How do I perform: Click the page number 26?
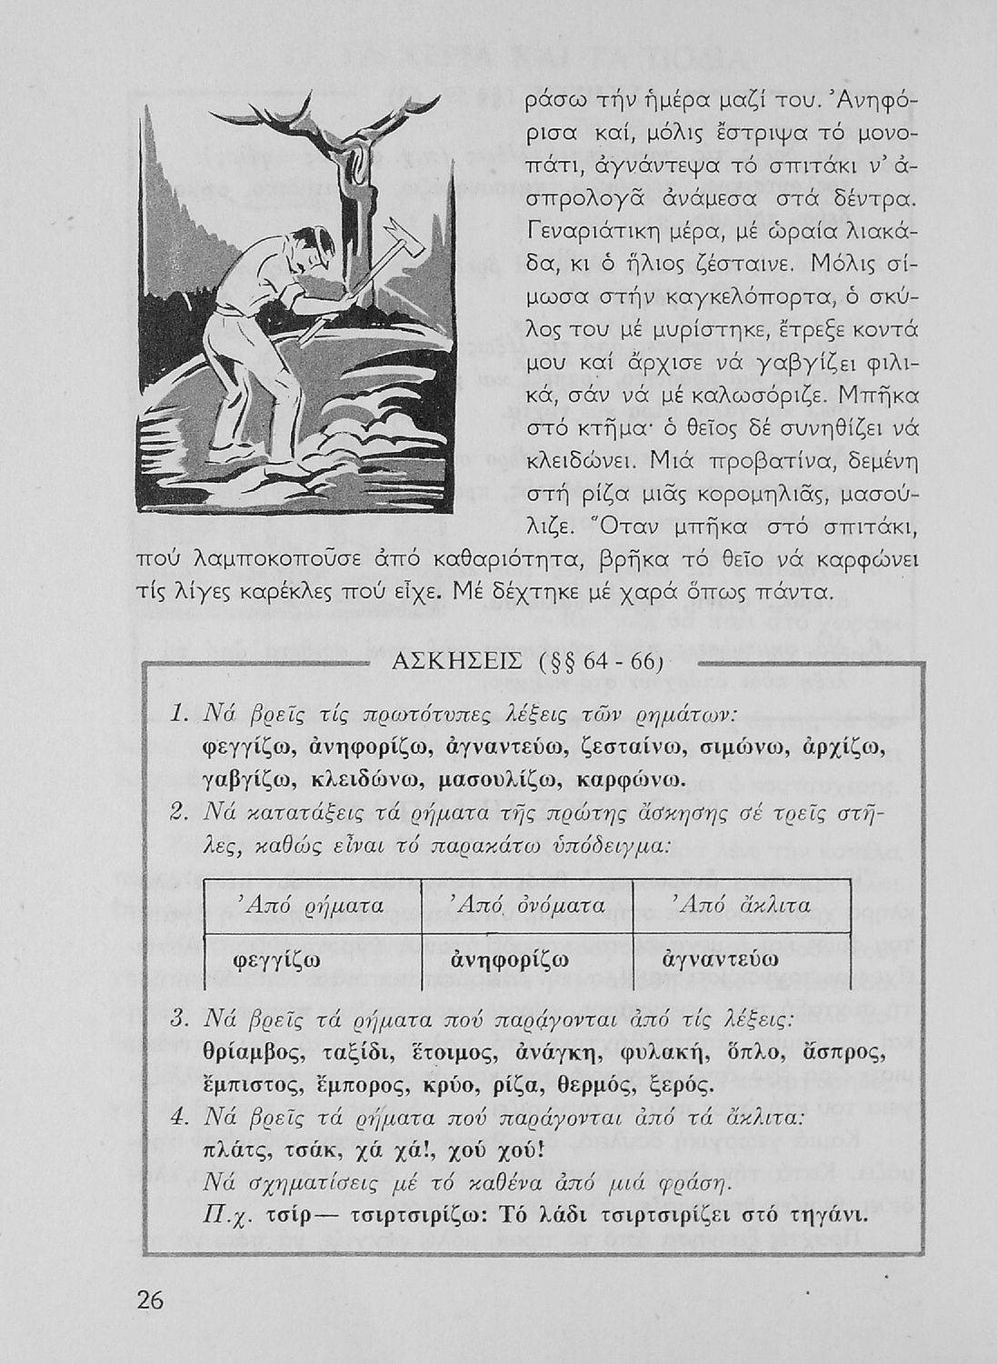point(150,1301)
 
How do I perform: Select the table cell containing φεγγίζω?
point(295,959)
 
